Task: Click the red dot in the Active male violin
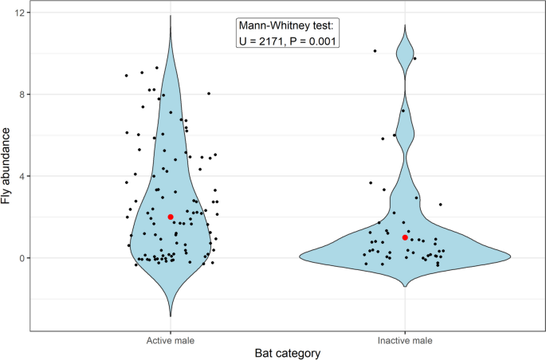171,217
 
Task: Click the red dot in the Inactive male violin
405,237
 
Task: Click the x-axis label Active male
171,340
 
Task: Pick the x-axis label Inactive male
405,340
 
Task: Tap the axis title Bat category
288,353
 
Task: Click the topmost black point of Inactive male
375,51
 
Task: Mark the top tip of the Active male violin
171,15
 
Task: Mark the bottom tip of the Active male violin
171,316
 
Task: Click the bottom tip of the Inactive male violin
405,287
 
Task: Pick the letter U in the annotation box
245,41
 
